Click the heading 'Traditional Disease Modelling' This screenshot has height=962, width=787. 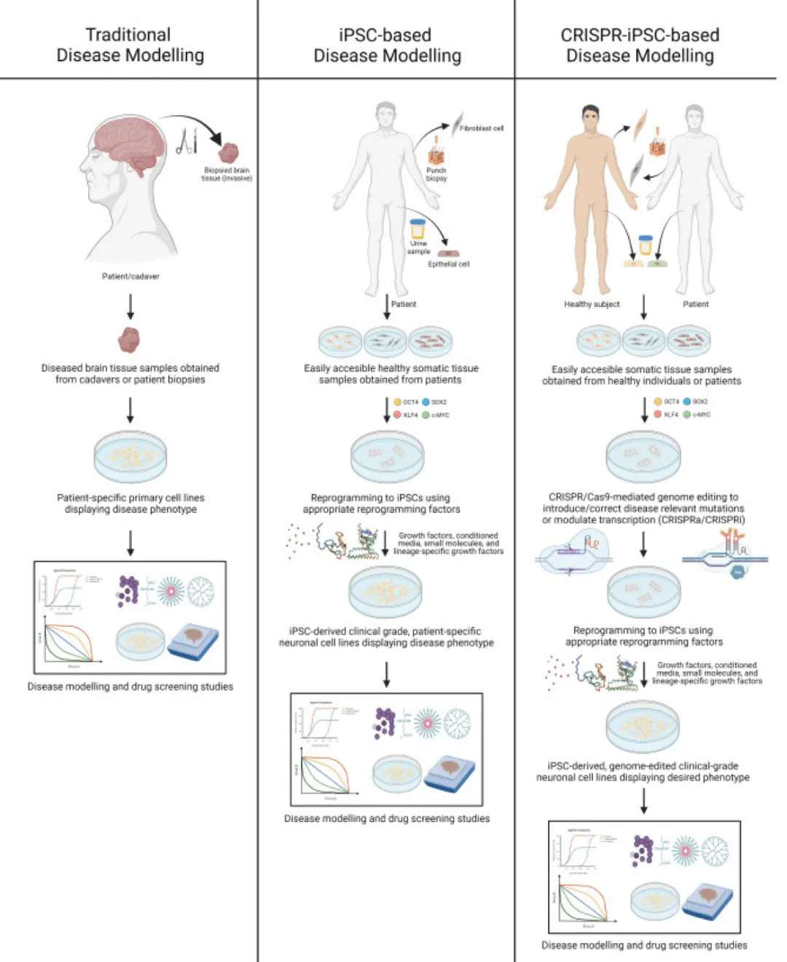(130, 45)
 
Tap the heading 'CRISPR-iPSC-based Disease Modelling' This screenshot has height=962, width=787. (640, 45)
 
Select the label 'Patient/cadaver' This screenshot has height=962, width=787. (130, 276)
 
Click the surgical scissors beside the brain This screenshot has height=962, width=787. (187, 141)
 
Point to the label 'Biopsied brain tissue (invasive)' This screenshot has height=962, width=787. (227, 174)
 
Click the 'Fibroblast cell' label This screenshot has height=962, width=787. (481, 128)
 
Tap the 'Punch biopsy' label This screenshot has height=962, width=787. (436, 174)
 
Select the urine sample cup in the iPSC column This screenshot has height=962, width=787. (418, 229)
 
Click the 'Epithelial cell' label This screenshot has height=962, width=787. (448, 264)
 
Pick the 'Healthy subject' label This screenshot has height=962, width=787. (592, 304)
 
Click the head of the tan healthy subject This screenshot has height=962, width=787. (590, 117)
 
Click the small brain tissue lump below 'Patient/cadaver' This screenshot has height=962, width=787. (130, 340)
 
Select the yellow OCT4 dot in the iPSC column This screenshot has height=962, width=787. (397, 402)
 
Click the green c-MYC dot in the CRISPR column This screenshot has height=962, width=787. (686, 414)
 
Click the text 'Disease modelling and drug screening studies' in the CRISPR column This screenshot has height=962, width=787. (644, 945)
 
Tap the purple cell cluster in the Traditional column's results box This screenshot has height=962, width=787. (128, 590)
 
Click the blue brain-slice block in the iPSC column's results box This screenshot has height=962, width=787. (450, 773)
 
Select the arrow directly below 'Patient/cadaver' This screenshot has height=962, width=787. (130, 306)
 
